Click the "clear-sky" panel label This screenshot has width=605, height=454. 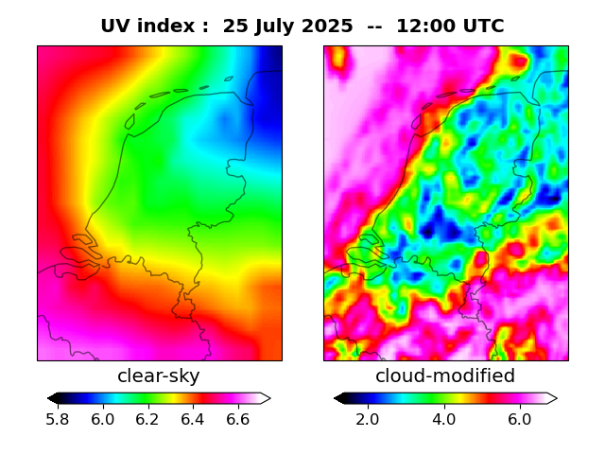[159, 376]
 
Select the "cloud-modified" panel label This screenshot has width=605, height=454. [445, 376]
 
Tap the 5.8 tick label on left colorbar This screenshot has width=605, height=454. [59, 419]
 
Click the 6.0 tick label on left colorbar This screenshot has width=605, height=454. [104, 419]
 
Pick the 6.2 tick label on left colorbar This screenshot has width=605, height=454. [148, 419]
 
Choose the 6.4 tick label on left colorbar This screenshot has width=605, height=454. [194, 419]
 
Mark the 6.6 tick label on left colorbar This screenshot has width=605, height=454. [238, 419]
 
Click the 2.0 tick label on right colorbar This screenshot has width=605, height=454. [368, 419]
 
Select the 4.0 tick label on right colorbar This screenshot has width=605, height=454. [443, 419]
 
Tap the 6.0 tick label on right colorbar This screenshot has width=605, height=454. [519, 419]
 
